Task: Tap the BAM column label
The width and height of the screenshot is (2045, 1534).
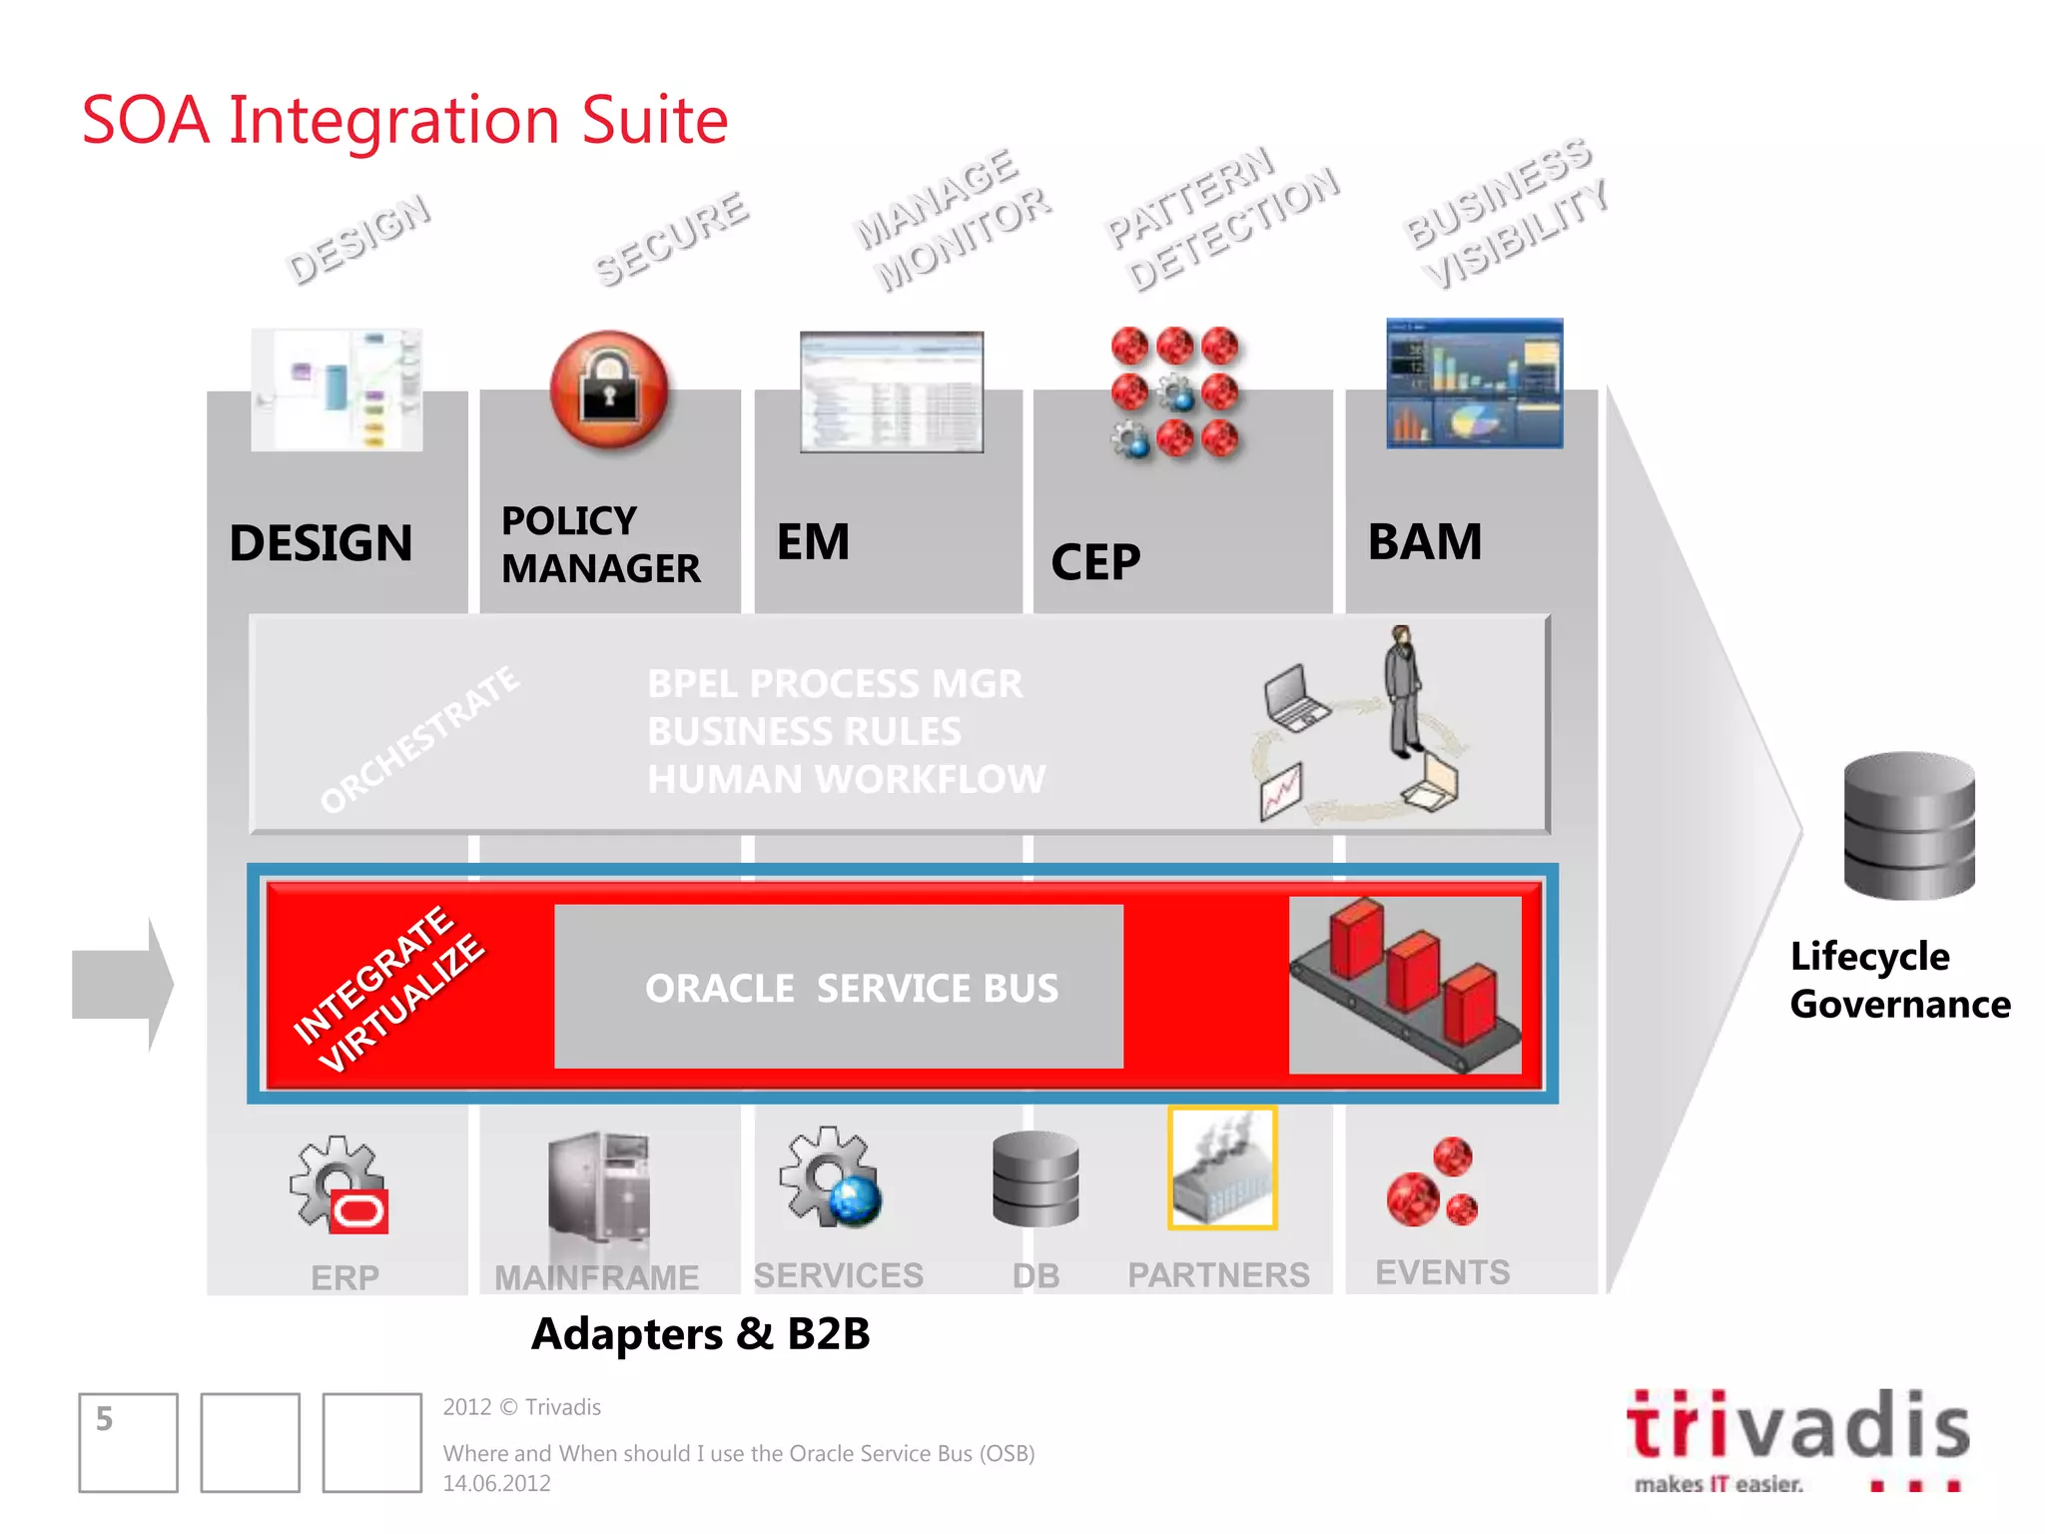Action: [x=1424, y=542]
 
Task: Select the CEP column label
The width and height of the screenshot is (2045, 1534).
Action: [x=1095, y=562]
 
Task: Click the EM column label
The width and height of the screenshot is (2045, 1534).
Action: [x=813, y=542]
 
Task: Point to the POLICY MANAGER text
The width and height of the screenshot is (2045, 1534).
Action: [x=600, y=544]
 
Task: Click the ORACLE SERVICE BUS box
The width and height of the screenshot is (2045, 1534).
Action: [x=839, y=987]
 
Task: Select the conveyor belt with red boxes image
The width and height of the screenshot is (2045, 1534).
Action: [x=1405, y=985]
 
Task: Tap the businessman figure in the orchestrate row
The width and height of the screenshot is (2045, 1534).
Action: [x=1403, y=691]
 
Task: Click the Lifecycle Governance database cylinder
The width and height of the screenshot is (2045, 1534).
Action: [x=1908, y=825]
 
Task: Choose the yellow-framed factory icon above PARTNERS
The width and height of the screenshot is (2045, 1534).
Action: [x=1222, y=1167]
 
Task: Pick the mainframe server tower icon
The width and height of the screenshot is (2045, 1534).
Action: [x=599, y=1188]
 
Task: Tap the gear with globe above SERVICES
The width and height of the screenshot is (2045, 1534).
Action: [x=831, y=1178]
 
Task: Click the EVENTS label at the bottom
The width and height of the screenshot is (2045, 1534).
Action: [x=1442, y=1272]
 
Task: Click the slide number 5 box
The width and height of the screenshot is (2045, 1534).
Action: [x=128, y=1442]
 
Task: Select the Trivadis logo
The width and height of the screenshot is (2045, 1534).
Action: [x=1797, y=1438]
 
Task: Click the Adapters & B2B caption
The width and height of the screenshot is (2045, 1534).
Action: [x=700, y=1334]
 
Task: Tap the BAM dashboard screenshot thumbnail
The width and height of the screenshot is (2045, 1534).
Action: [x=1474, y=383]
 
